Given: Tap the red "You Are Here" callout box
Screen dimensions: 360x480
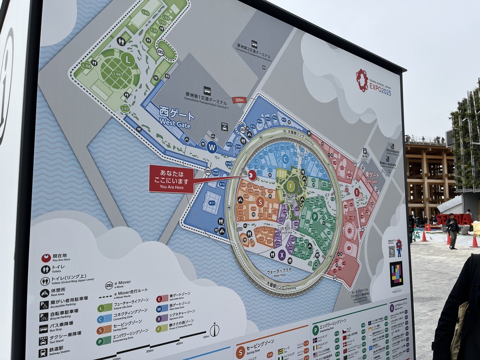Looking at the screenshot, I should click(171, 179).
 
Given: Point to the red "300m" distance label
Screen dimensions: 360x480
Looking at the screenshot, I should click(240, 100).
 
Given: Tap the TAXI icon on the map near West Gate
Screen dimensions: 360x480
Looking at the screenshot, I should click(224, 126).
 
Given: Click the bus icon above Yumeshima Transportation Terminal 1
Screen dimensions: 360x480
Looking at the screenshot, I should click(207, 90).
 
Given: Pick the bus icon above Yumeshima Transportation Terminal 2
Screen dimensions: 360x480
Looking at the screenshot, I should click(254, 44).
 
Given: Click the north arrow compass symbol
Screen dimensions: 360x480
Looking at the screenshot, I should click(214, 330).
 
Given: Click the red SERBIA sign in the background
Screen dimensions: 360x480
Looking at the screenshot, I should click(454, 219).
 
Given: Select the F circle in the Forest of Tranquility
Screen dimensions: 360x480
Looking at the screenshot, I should click(291, 186).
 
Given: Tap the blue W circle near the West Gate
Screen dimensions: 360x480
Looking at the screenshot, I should click(212, 147).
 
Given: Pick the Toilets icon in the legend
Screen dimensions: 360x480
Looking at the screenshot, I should click(45, 269).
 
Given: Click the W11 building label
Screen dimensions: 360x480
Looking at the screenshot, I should click(212, 203).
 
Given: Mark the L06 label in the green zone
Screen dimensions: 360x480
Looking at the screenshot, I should click(117, 74).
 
